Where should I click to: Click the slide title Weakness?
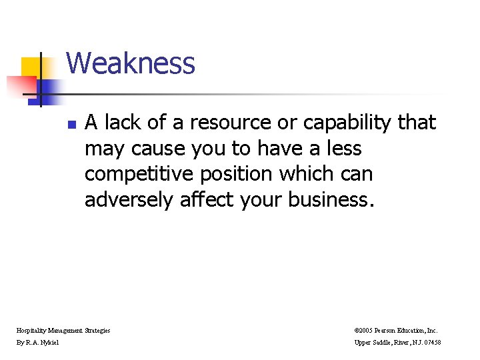click(x=131, y=64)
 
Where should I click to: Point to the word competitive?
click(x=137, y=175)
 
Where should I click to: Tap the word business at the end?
click(x=330, y=200)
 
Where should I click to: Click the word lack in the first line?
click(x=122, y=123)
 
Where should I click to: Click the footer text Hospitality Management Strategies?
click(x=63, y=330)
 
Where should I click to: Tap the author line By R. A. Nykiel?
click(x=38, y=343)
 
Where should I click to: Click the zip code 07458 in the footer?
click(x=430, y=343)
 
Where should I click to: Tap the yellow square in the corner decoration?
click(x=31, y=66)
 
